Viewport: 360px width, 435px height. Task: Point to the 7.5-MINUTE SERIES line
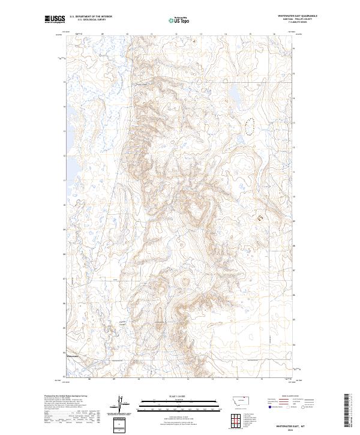[x=297, y=24]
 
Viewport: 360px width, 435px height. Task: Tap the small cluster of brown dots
[x=260, y=218]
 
